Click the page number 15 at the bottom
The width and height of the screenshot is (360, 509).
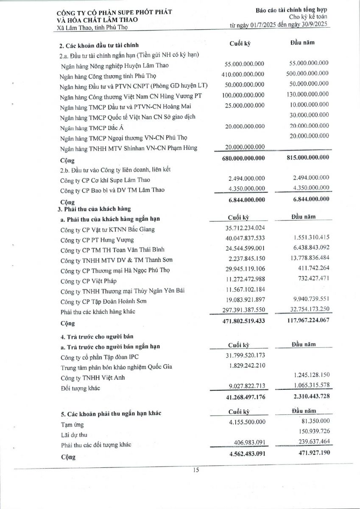[x=196, y=470]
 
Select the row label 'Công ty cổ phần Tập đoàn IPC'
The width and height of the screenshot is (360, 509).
[x=100, y=357]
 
